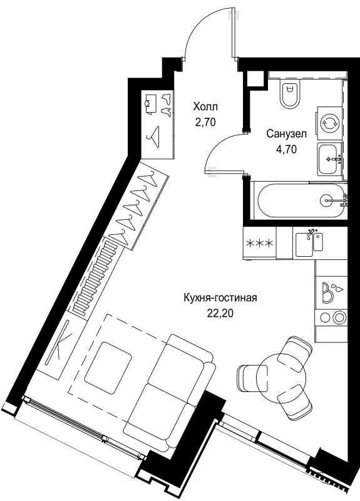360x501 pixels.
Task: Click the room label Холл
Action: point(205,107)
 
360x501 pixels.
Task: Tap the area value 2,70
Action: point(205,122)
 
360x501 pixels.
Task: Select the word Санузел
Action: point(285,133)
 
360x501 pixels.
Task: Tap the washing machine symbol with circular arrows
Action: point(329,122)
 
